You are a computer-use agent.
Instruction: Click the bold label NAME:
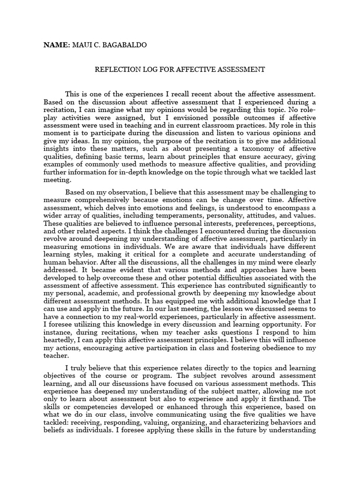pos(56,45)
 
